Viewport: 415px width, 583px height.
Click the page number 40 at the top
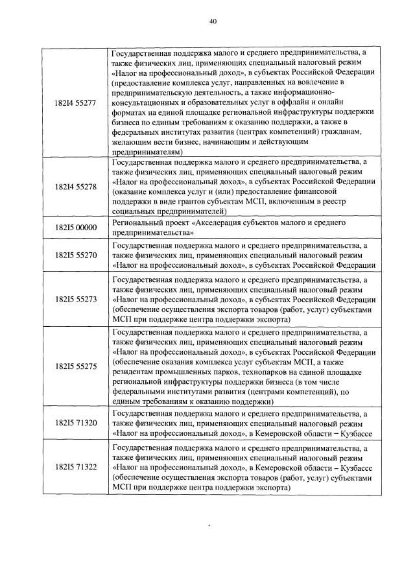coord(213,21)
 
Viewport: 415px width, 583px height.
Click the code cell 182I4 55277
coord(77,102)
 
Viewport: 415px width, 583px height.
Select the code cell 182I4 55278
coord(77,187)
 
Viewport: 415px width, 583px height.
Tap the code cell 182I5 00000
coord(77,227)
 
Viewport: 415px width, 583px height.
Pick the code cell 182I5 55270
coord(77,256)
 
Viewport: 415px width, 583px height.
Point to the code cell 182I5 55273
coord(77,300)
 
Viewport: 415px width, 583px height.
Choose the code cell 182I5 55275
coord(77,366)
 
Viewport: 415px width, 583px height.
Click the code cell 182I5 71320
coord(77,423)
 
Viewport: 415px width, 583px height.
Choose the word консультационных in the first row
coord(146,102)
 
